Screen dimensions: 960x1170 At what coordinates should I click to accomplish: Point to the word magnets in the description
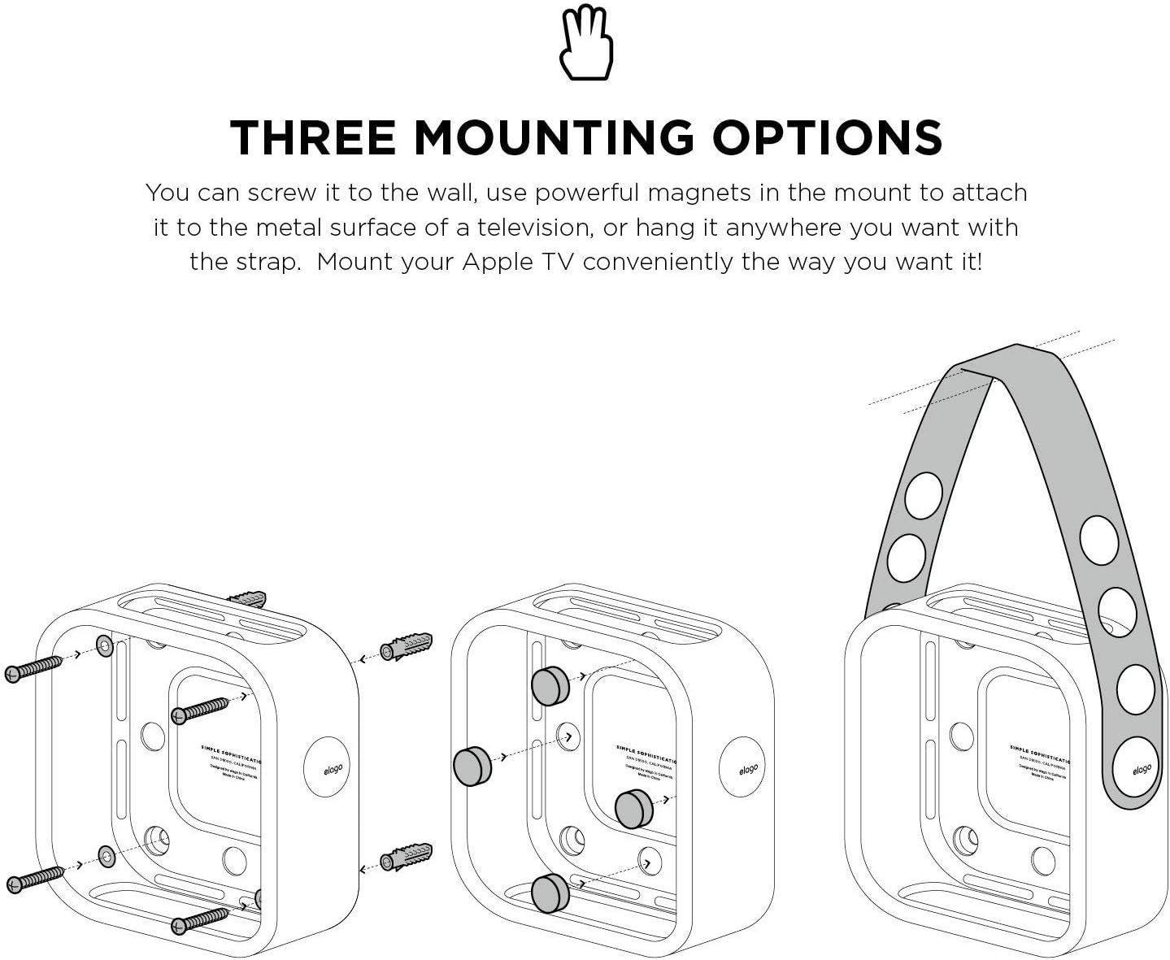click(x=704, y=193)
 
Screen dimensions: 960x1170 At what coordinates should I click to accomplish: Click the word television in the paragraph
click(x=537, y=228)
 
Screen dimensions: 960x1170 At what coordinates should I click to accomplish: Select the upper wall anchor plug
click(x=405, y=648)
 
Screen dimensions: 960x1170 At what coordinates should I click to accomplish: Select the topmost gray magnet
click(x=550, y=685)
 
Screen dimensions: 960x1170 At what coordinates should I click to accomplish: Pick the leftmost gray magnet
click(x=472, y=766)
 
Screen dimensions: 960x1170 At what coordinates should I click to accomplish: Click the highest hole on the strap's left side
click(x=923, y=495)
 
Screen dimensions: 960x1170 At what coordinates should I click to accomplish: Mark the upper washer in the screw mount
click(x=106, y=646)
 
